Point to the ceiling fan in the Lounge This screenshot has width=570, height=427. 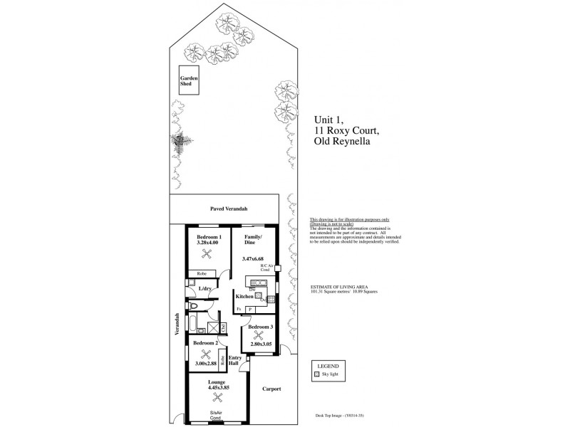[x=217, y=403]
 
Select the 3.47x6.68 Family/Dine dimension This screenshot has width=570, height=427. [x=254, y=258]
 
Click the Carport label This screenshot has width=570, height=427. [x=271, y=389]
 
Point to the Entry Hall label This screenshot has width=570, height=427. [x=234, y=360]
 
